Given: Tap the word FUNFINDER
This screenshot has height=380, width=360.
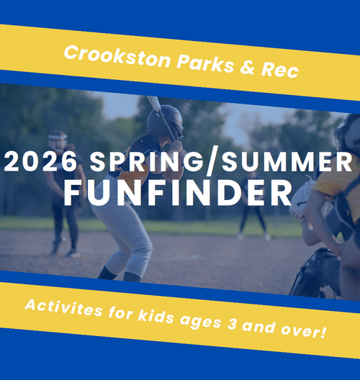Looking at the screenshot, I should [180, 192].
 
